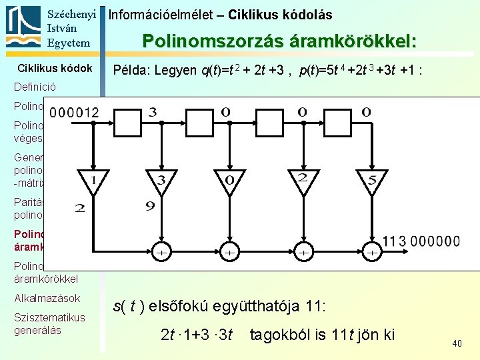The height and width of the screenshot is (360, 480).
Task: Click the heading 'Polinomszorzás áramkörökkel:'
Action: [x=279, y=41]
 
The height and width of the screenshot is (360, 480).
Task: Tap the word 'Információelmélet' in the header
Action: [x=154, y=14]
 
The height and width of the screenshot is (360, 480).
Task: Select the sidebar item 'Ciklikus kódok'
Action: [x=55, y=68]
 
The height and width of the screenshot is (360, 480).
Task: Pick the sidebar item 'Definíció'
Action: [x=35, y=87]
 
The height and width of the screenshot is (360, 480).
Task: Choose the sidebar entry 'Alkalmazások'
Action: [x=47, y=298]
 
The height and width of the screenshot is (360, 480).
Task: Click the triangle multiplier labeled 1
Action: [x=94, y=180]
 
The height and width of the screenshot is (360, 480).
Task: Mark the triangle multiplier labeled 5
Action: [x=371, y=180]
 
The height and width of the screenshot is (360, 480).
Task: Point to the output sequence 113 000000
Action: [x=421, y=241]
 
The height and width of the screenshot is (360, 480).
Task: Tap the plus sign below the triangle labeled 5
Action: [x=371, y=253]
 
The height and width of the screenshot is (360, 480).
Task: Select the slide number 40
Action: [x=457, y=343]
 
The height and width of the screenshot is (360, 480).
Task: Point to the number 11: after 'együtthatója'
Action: [x=313, y=306]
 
